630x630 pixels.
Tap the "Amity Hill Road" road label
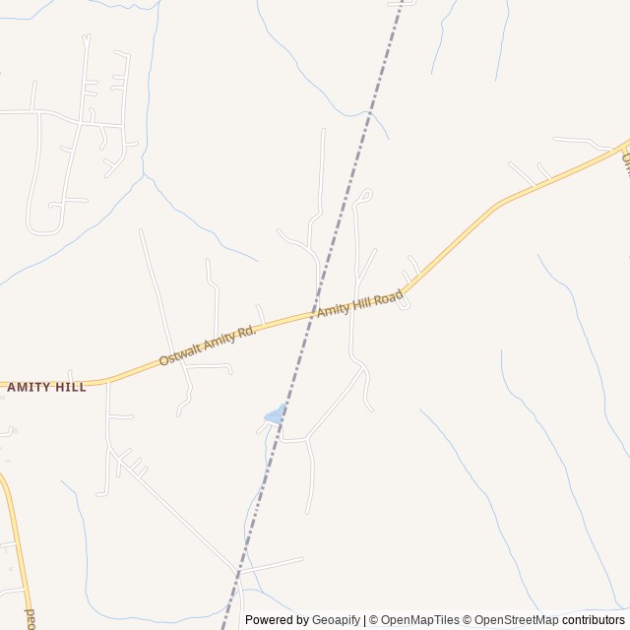pos(359,303)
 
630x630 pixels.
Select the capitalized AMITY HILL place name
pos(46,388)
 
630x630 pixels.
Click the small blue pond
pos(275,415)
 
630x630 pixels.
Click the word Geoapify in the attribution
pos(337,620)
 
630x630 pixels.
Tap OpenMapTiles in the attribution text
pos(420,620)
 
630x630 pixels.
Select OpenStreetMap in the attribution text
pos(517,620)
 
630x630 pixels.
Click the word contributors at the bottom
pos(595,620)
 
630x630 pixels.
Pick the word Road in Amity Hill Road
pos(389,294)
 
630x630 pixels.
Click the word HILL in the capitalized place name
pos(70,388)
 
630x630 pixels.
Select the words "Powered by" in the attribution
pos(278,620)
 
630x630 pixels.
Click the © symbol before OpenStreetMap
pos(468,620)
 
